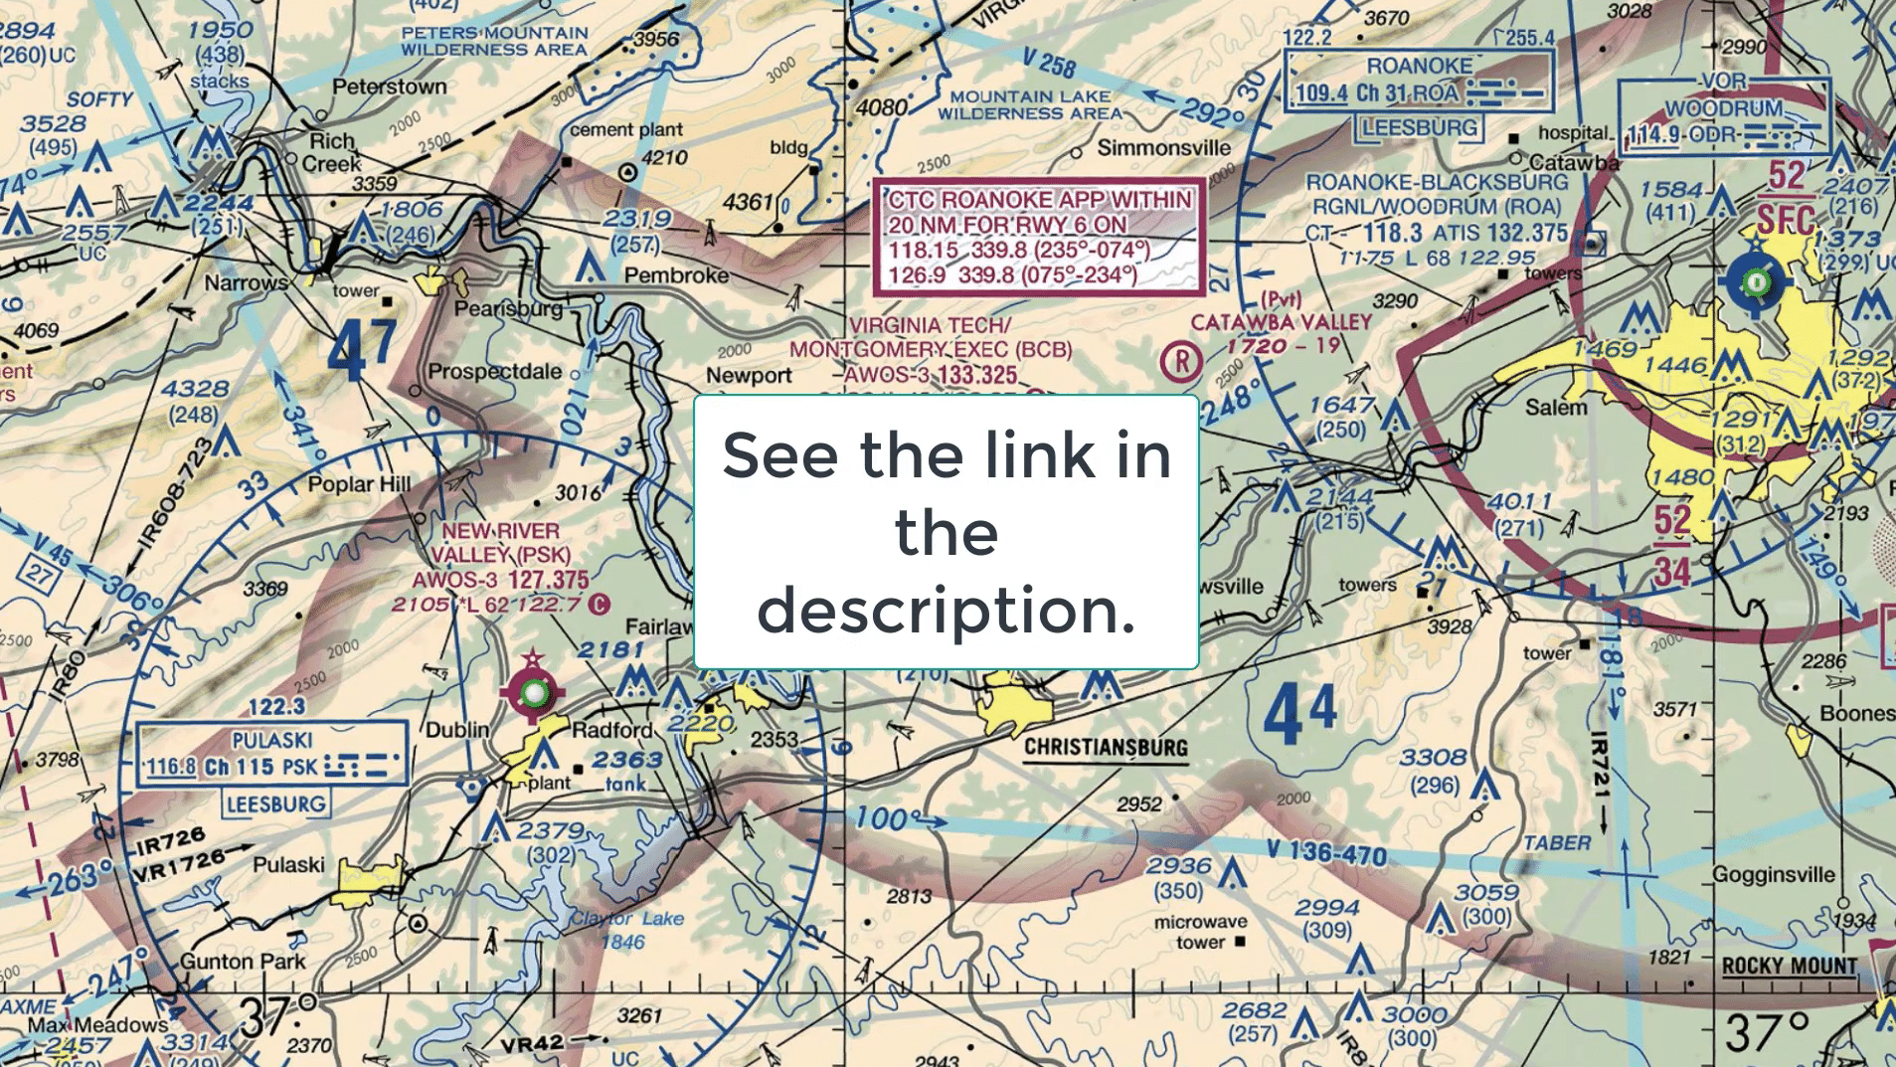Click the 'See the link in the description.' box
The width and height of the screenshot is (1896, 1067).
[947, 532]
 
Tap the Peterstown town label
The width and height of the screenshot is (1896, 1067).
[390, 88]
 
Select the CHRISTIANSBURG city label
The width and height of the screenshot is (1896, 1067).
[1106, 747]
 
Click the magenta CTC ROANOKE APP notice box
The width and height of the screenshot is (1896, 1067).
[1039, 237]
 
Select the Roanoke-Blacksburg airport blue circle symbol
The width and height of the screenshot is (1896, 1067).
[1756, 283]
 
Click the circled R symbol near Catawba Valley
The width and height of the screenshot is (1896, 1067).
[1181, 362]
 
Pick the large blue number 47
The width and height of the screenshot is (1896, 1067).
[363, 350]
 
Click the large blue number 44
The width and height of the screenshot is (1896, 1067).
[1300, 713]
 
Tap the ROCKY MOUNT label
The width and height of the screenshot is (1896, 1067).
[1790, 966]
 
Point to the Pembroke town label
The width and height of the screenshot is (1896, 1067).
[676, 275]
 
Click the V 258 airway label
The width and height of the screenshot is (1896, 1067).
[1050, 64]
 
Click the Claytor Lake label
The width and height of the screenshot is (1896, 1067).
[626, 919]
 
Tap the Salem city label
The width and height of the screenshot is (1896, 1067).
[1556, 408]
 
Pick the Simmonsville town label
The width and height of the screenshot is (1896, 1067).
[1163, 149]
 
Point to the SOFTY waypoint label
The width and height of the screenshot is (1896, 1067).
[99, 99]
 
